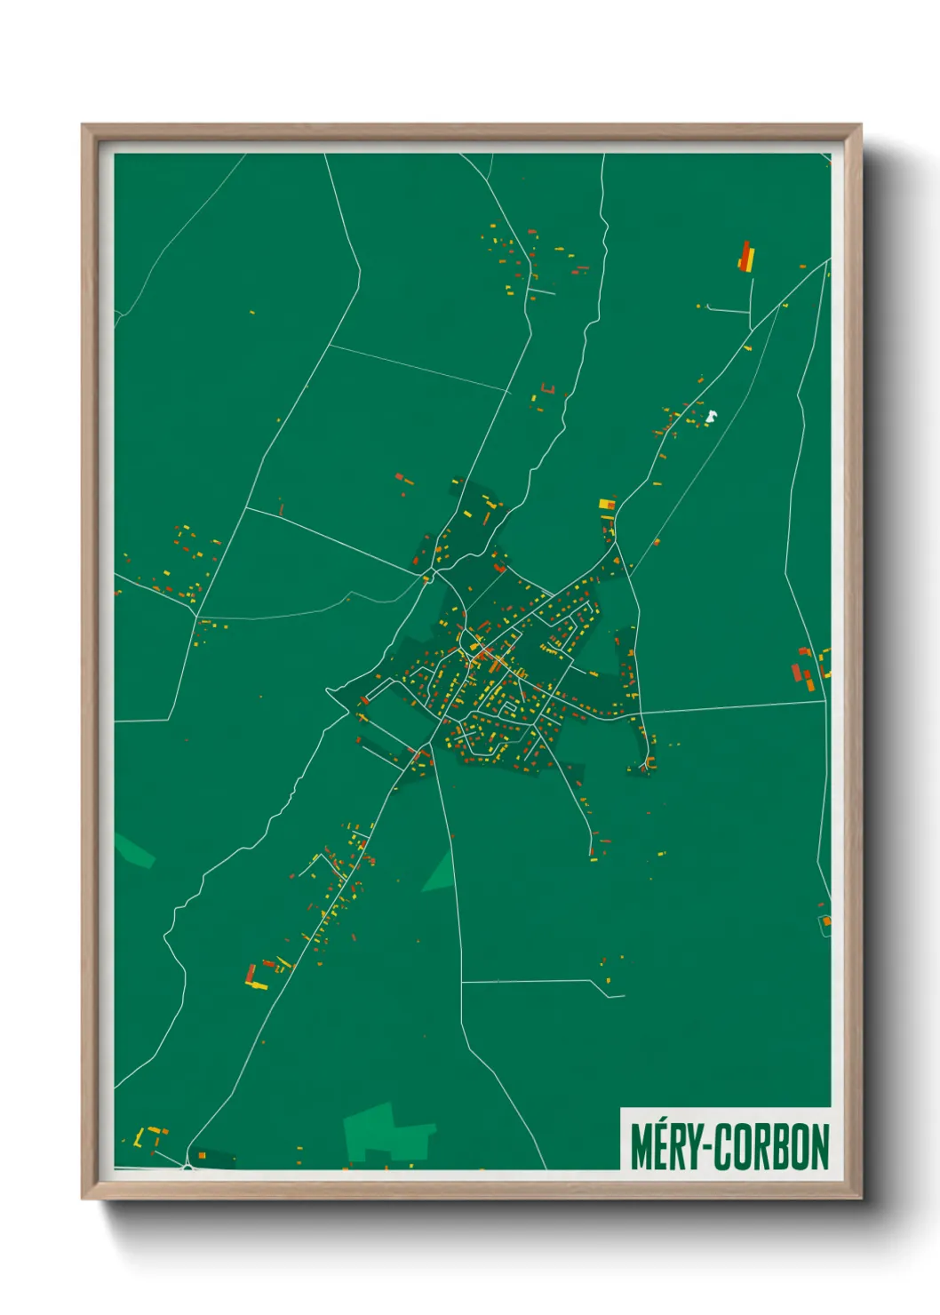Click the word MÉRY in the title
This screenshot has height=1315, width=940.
click(x=665, y=1147)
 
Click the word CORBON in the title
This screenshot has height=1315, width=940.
click(x=772, y=1147)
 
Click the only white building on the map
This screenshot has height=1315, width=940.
click(x=710, y=415)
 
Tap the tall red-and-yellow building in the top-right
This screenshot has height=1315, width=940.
click(x=746, y=256)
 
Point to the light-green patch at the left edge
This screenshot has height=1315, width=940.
click(x=133, y=849)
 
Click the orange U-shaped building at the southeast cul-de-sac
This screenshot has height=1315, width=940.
click(x=650, y=763)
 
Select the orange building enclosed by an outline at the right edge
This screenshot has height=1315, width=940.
click(x=825, y=920)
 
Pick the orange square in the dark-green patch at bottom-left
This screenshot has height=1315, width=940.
click(x=202, y=1155)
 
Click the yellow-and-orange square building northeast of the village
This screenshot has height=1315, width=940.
click(x=608, y=504)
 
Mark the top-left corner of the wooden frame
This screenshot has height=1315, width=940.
click(x=83, y=125)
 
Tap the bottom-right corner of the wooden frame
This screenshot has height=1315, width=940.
click(x=860, y=1198)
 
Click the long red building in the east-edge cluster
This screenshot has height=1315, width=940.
click(x=797, y=672)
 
